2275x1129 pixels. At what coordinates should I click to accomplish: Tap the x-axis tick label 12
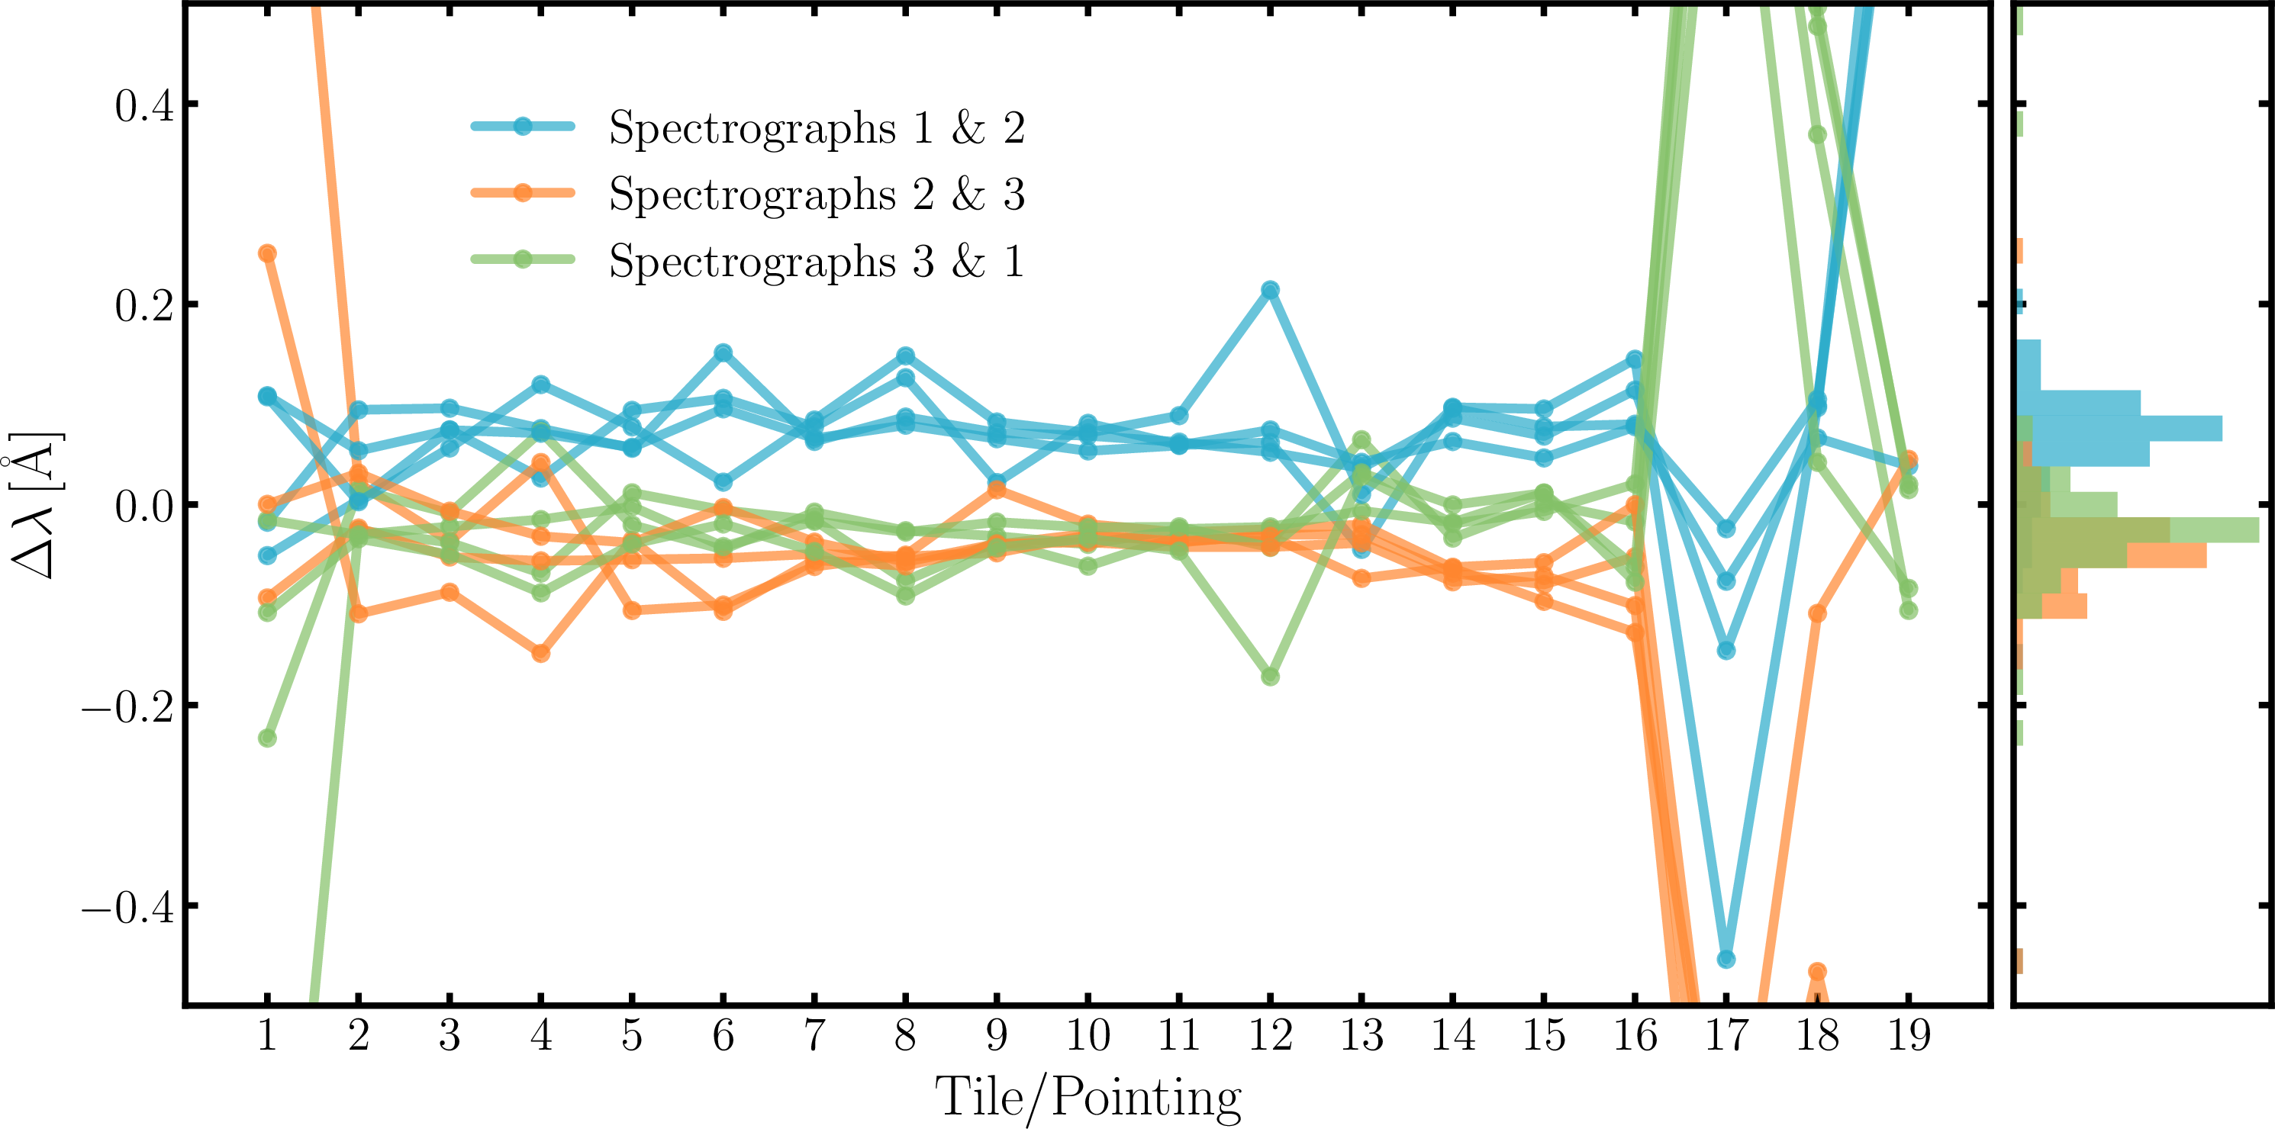click(x=1270, y=1034)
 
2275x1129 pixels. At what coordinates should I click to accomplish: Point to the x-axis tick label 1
click(x=266, y=1034)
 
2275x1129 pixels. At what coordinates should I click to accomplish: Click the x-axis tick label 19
click(x=1908, y=1034)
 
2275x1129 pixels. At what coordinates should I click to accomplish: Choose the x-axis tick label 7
click(x=814, y=1034)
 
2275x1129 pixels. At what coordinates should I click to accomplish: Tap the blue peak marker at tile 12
click(x=1270, y=290)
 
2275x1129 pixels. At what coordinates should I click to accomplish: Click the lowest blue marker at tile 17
click(x=1726, y=959)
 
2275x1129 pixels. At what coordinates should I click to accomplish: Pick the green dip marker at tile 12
click(x=1270, y=676)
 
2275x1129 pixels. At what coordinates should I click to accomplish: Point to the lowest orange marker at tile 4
click(x=540, y=653)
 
